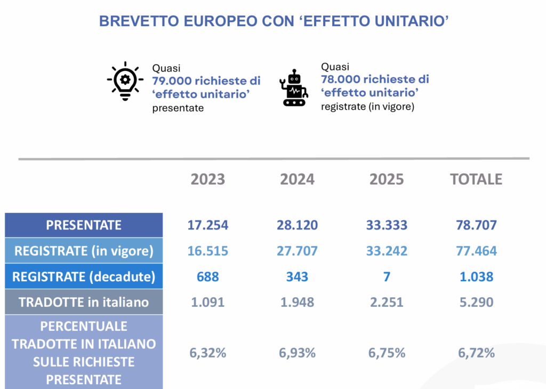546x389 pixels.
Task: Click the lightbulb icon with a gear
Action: coord(125,81)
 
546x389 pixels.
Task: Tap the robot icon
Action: coord(294,88)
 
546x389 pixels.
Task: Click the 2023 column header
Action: coord(208,179)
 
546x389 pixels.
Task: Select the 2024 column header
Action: coord(298,179)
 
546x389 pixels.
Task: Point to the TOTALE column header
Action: coord(476,179)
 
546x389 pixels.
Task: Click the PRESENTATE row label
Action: coord(84,225)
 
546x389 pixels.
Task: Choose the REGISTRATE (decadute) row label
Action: coord(84,276)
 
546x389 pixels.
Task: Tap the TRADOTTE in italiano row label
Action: coord(84,302)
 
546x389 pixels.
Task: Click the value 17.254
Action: coord(208,225)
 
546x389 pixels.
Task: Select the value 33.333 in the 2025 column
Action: coord(387,225)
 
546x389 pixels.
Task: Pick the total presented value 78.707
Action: coord(476,225)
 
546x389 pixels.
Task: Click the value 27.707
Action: coord(298,251)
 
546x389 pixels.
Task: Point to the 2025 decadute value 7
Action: coord(387,277)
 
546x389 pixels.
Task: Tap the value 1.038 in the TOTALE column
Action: coord(476,277)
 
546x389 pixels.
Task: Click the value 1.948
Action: coord(298,302)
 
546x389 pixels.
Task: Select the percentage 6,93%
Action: coord(298,353)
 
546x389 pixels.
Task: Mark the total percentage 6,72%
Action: coord(476,353)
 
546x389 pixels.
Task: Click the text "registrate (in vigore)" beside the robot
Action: coord(368,106)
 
